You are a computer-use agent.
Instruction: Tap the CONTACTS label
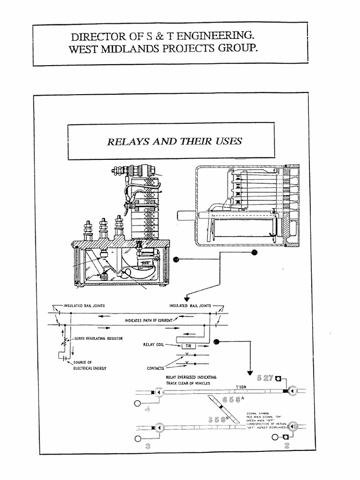pos(155,368)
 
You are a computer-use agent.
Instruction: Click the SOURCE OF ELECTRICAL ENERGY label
pos(90,366)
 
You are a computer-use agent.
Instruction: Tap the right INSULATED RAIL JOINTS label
pos(190,305)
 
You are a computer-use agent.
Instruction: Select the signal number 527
pos(265,378)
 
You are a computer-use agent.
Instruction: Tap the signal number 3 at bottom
pos(148,446)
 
